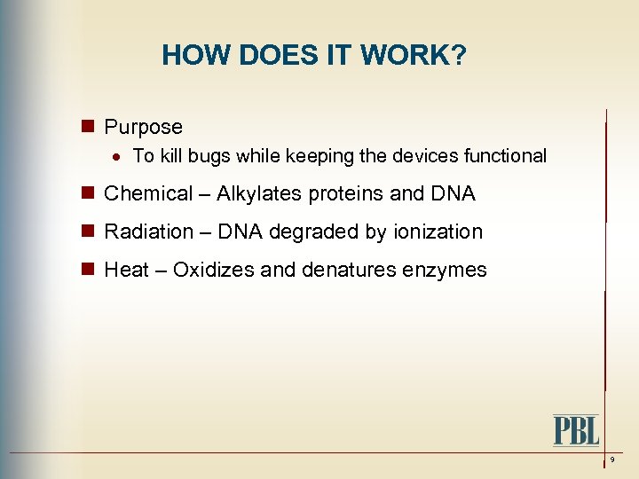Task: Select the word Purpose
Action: click(x=143, y=127)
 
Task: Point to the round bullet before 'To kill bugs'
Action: click(x=117, y=157)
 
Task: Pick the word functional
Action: click(x=505, y=156)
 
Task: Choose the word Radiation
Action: click(x=148, y=232)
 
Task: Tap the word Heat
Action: click(x=126, y=270)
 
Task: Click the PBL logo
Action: click(x=576, y=430)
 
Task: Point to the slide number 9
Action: click(x=612, y=459)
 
